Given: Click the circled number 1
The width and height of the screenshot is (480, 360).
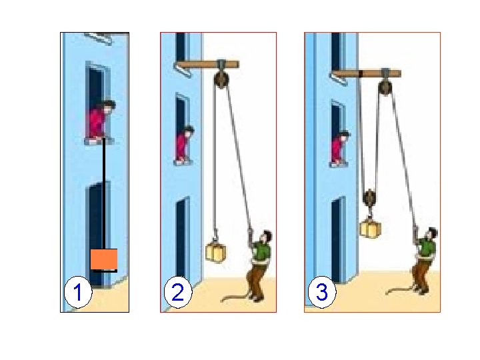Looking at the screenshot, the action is point(78,292).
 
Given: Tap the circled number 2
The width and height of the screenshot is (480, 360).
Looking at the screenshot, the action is point(178,292).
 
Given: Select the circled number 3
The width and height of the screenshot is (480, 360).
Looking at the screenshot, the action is point(322,292).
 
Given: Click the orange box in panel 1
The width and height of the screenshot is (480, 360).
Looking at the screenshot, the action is point(104,259).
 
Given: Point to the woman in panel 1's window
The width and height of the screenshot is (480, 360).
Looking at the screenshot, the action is point(101,121).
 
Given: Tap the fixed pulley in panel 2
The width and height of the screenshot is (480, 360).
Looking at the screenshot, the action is point(221,79).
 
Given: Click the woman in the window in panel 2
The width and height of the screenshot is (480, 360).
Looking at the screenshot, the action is point(184,143).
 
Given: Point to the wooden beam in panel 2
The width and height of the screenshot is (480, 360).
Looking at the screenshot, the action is point(207,65).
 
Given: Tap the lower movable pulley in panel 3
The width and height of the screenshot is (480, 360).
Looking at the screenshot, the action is point(370,198).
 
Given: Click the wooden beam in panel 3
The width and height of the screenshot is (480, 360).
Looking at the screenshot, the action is point(367,73).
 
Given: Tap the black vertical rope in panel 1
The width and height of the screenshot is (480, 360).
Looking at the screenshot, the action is point(104,193).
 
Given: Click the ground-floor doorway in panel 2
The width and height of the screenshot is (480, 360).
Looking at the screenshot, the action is point(182,239).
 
